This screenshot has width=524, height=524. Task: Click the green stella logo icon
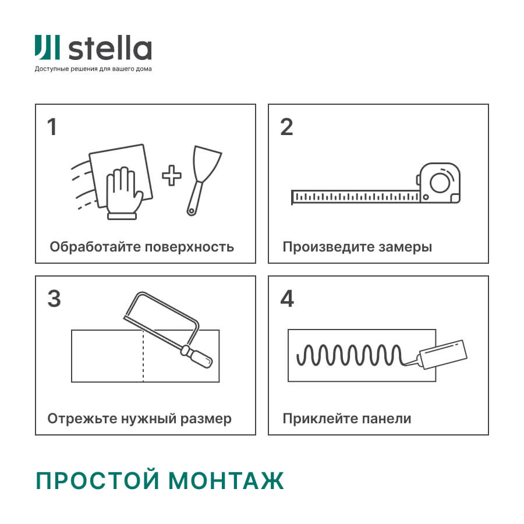47,48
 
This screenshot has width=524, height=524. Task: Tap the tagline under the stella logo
93,69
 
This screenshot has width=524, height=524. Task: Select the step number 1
52,127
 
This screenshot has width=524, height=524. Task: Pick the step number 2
286,127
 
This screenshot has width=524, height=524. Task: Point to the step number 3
54,299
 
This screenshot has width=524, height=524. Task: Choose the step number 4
287,299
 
